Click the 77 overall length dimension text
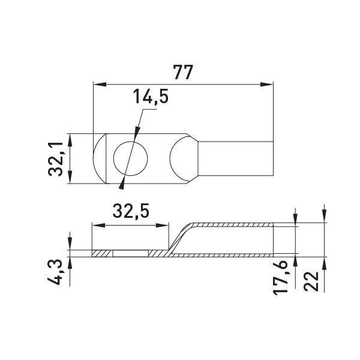pos(183,73)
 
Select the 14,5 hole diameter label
pos(151,97)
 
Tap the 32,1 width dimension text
pos(55,158)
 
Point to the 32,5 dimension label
pos(131,211)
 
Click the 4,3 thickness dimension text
pos(55,272)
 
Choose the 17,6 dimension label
pos(280,277)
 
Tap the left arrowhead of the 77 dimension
pos(100,85)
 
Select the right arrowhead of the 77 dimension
pos(267,85)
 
